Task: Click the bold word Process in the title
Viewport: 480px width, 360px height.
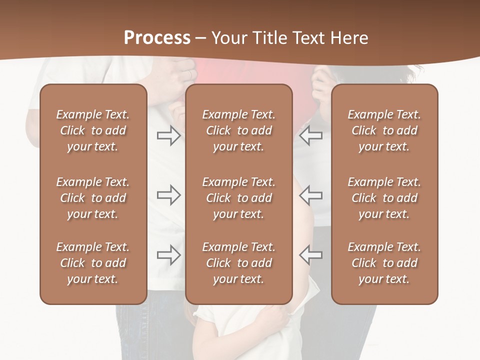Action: tap(157, 38)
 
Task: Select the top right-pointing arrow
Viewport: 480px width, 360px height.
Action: tap(168, 135)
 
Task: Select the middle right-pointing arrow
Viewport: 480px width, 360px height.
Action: tap(168, 195)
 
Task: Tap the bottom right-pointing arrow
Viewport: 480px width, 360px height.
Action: tap(168, 255)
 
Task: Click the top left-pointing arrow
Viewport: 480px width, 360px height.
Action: tap(311, 135)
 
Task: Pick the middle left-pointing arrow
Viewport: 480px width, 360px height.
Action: tap(311, 195)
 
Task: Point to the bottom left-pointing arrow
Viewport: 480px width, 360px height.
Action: tap(311, 255)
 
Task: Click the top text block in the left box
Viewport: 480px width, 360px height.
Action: tap(93, 130)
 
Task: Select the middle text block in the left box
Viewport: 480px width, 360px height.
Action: tap(93, 198)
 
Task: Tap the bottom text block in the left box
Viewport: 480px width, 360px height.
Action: tap(93, 263)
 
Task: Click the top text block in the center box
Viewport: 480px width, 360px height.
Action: tap(238, 130)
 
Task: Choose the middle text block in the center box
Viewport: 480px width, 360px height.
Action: tap(238, 198)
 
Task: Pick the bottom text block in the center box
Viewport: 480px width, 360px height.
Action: tap(238, 263)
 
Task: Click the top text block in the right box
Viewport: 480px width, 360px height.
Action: tap(384, 130)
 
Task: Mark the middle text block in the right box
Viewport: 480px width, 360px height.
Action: tap(384, 198)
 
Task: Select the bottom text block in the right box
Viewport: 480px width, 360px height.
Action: tap(384, 263)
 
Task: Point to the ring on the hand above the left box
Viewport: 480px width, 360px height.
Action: tap(190, 74)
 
